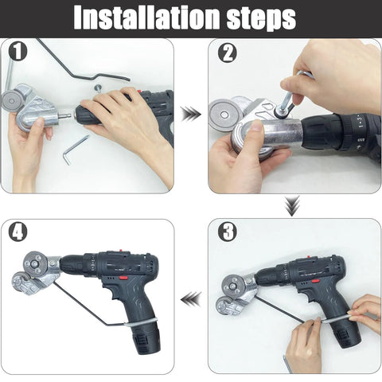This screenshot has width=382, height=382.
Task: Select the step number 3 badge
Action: click(x=228, y=232)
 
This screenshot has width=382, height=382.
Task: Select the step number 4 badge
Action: click(x=18, y=232)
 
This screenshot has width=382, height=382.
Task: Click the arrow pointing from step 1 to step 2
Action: click(x=190, y=114)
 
